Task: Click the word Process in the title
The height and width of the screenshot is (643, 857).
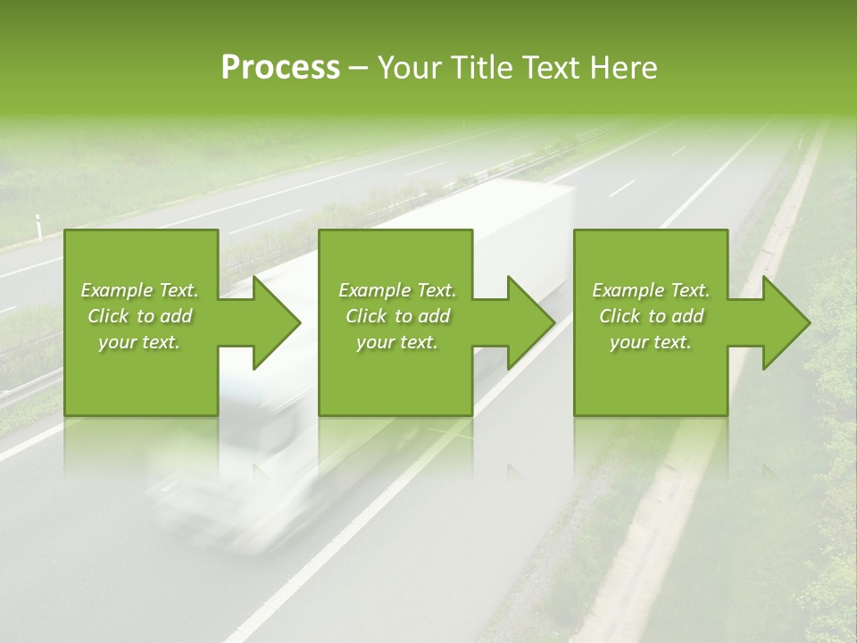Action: pyautogui.click(x=280, y=68)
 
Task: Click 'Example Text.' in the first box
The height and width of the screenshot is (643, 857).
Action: pyautogui.click(x=139, y=290)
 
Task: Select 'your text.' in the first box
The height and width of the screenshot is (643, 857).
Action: pyautogui.click(x=139, y=342)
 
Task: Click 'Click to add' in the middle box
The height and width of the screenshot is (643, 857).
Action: pyautogui.click(x=397, y=316)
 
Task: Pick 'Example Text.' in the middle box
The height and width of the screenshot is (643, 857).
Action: pyautogui.click(x=397, y=290)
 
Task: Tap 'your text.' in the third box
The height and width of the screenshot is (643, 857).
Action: pyautogui.click(x=651, y=342)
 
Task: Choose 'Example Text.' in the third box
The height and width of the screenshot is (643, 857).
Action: pyautogui.click(x=651, y=290)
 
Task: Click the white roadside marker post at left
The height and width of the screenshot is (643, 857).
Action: pyautogui.click(x=38, y=229)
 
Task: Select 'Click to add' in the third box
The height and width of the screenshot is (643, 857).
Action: pyautogui.click(x=651, y=316)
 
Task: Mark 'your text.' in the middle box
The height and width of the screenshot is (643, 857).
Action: pyautogui.click(x=397, y=342)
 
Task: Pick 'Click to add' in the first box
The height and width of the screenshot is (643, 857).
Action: pyautogui.click(x=139, y=316)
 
